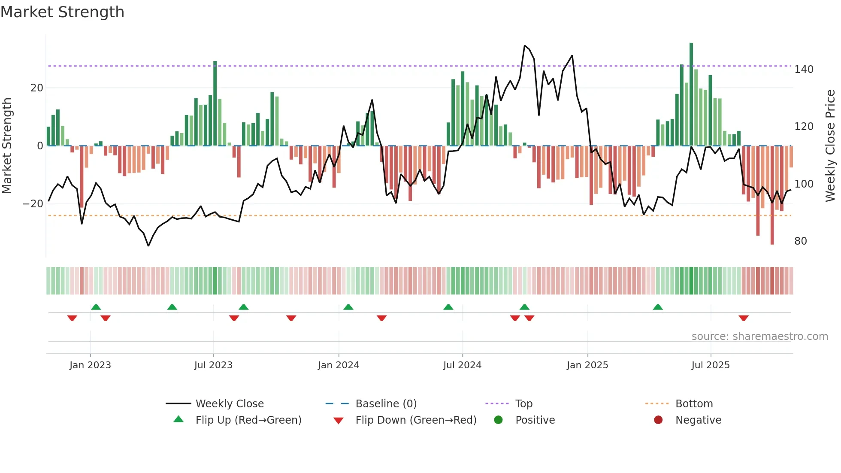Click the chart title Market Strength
click(x=62, y=12)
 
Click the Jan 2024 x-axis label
click(x=338, y=365)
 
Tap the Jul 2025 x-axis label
click(x=710, y=365)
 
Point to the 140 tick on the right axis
click(x=803, y=70)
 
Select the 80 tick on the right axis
click(x=800, y=241)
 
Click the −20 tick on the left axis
click(x=33, y=204)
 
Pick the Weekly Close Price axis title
click(x=830, y=146)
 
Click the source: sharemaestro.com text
click(x=759, y=337)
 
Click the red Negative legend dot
click(x=658, y=420)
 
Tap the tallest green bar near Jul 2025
click(x=691, y=94)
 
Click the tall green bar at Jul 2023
click(x=215, y=103)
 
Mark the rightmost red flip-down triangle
click(x=744, y=318)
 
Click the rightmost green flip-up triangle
click(x=658, y=307)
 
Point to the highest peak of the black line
click(x=524, y=46)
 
